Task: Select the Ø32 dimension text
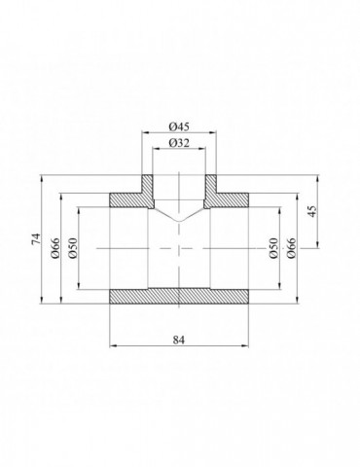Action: [178, 144]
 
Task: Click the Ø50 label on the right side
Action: [274, 248]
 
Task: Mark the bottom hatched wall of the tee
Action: [178, 296]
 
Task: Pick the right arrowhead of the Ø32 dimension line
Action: [202, 151]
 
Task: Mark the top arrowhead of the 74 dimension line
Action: [44, 177]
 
